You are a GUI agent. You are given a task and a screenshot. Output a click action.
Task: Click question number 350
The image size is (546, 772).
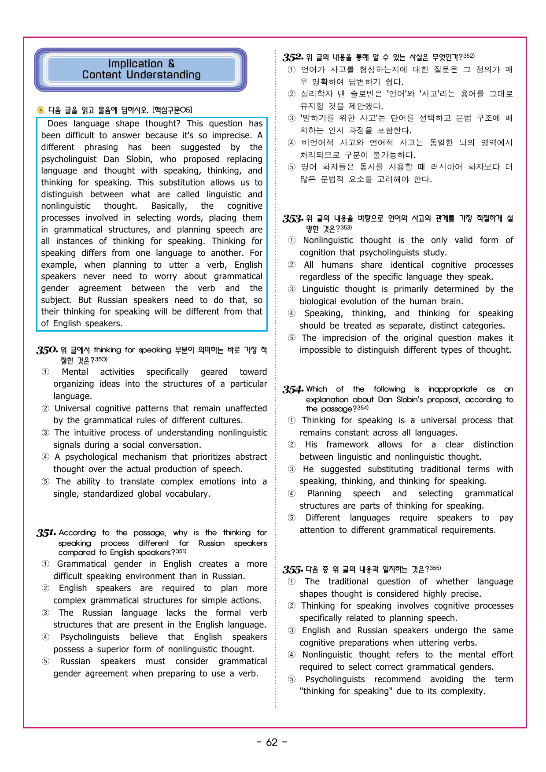(x=47, y=350)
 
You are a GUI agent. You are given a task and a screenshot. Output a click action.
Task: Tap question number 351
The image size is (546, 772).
(x=46, y=533)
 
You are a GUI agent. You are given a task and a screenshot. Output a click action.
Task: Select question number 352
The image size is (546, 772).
(x=293, y=57)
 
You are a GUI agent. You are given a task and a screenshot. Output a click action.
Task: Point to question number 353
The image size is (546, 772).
(x=293, y=219)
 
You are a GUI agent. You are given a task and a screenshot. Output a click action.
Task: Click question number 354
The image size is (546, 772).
(x=293, y=389)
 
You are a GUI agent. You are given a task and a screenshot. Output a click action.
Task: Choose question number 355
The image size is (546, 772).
(x=293, y=569)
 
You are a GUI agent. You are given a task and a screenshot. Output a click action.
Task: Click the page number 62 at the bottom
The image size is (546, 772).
(x=272, y=742)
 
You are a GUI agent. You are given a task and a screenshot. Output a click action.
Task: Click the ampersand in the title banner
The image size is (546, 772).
(x=171, y=64)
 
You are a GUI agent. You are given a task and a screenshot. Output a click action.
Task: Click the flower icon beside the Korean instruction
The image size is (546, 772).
(x=41, y=110)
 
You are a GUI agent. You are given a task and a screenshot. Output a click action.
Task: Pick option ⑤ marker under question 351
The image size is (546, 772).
(x=45, y=661)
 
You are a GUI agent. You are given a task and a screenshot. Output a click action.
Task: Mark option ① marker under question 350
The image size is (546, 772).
(x=45, y=372)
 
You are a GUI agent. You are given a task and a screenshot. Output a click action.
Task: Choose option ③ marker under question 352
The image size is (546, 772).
(x=291, y=118)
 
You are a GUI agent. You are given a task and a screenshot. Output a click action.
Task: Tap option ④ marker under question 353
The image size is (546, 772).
(x=291, y=314)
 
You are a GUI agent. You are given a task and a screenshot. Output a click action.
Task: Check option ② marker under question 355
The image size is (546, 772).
(x=291, y=606)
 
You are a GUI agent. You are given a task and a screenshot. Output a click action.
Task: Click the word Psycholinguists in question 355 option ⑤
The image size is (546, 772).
(x=335, y=680)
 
